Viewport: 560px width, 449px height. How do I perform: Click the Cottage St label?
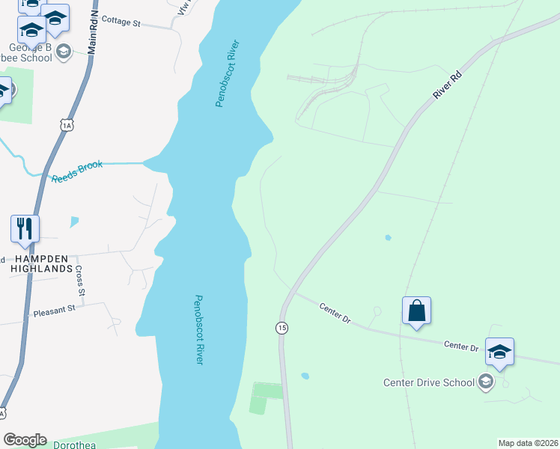pos(121,22)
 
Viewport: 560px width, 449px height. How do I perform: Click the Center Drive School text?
pos(429,382)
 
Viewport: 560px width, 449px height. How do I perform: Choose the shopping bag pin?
pos(416,311)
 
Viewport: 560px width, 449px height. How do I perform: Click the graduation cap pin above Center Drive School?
pos(499,352)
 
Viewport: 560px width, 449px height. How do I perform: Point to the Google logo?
pos(25,440)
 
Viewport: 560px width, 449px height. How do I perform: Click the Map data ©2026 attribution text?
pos(527,443)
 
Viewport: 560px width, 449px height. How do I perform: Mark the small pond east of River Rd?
pos(387,238)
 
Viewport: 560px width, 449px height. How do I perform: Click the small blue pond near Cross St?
pos(73,222)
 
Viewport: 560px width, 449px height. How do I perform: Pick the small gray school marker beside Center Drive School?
pos(486,382)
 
